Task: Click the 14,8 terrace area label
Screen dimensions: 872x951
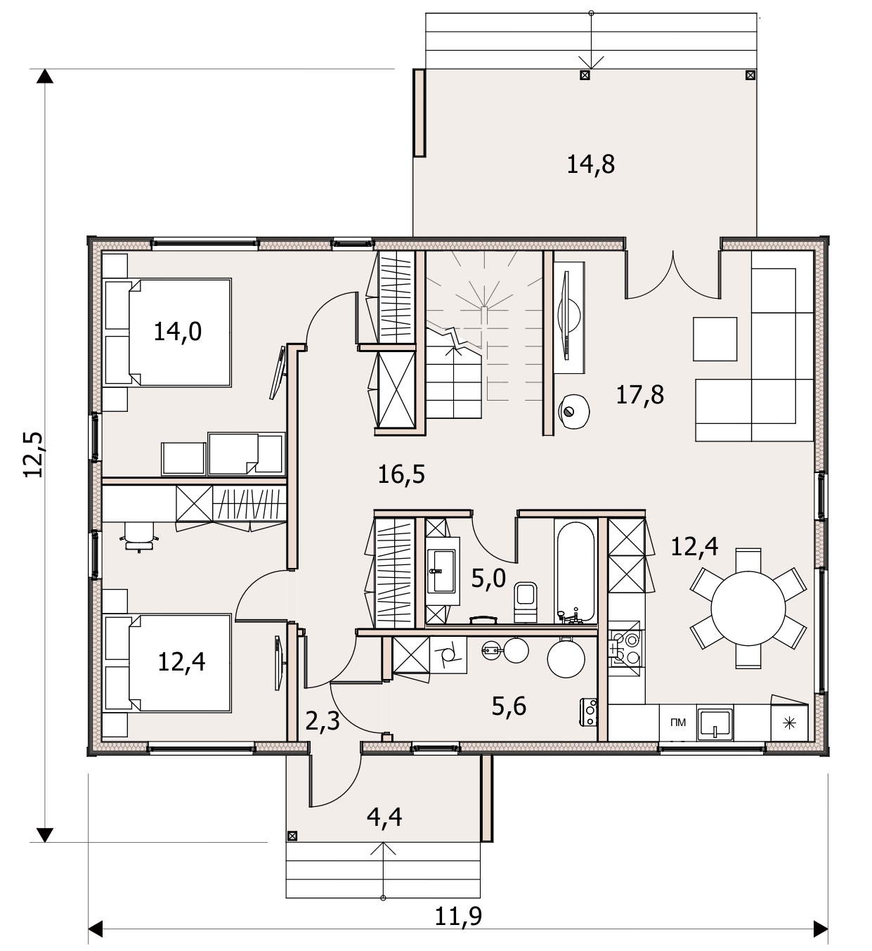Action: click(590, 164)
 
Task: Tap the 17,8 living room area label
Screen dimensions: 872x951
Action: click(639, 395)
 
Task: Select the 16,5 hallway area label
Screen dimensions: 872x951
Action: click(401, 474)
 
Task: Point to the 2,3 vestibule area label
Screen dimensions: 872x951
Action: click(323, 722)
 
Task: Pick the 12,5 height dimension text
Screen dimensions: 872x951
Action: click(34, 455)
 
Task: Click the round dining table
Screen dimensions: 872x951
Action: click(748, 608)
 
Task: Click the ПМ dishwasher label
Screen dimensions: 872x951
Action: click(677, 723)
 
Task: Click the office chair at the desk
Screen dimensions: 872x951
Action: click(139, 537)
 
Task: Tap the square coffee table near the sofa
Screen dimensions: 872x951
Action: click(715, 339)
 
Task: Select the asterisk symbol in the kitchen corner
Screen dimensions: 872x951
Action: click(789, 723)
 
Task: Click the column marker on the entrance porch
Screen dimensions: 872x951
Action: click(292, 836)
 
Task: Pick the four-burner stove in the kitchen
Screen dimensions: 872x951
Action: click(625, 648)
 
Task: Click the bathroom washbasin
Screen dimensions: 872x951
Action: click(441, 571)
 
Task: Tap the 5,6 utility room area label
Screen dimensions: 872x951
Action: click(509, 706)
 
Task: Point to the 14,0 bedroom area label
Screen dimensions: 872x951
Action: click(177, 331)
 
